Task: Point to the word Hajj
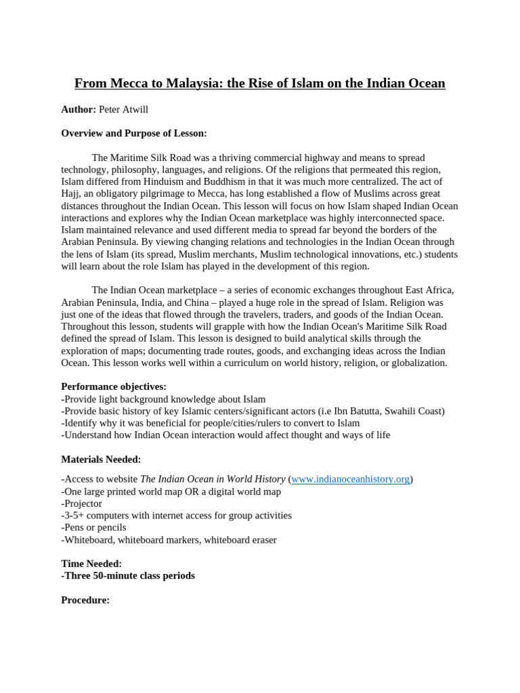tap(71, 194)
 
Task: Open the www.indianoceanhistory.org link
tap(351, 479)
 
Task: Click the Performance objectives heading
tap(114, 386)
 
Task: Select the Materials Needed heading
tap(101, 460)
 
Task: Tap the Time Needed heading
tap(91, 563)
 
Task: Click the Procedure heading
tap(85, 600)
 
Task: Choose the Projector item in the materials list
tap(82, 504)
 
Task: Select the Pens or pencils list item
tap(94, 527)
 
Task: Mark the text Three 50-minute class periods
tap(129, 576)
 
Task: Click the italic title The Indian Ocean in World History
tap(213, 479)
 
